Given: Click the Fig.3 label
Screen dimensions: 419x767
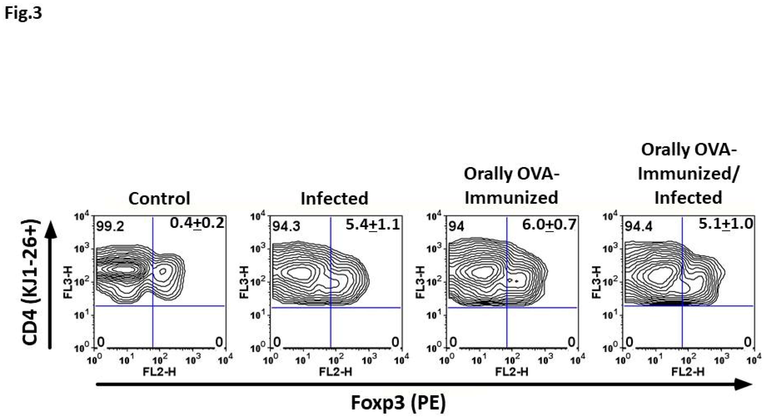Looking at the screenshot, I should coord(23,13).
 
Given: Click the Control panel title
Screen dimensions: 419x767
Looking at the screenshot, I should coord(159,198).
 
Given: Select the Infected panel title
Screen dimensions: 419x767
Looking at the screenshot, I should coord(334,198).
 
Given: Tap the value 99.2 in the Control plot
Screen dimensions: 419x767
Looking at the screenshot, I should coord(110,228).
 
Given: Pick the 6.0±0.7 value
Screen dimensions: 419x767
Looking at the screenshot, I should coord(549,225).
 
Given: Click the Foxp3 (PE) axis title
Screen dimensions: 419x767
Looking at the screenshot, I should coord(398,403).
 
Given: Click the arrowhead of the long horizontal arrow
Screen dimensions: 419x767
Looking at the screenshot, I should coord(744,385).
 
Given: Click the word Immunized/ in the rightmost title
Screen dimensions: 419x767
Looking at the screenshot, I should coord(688,174).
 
